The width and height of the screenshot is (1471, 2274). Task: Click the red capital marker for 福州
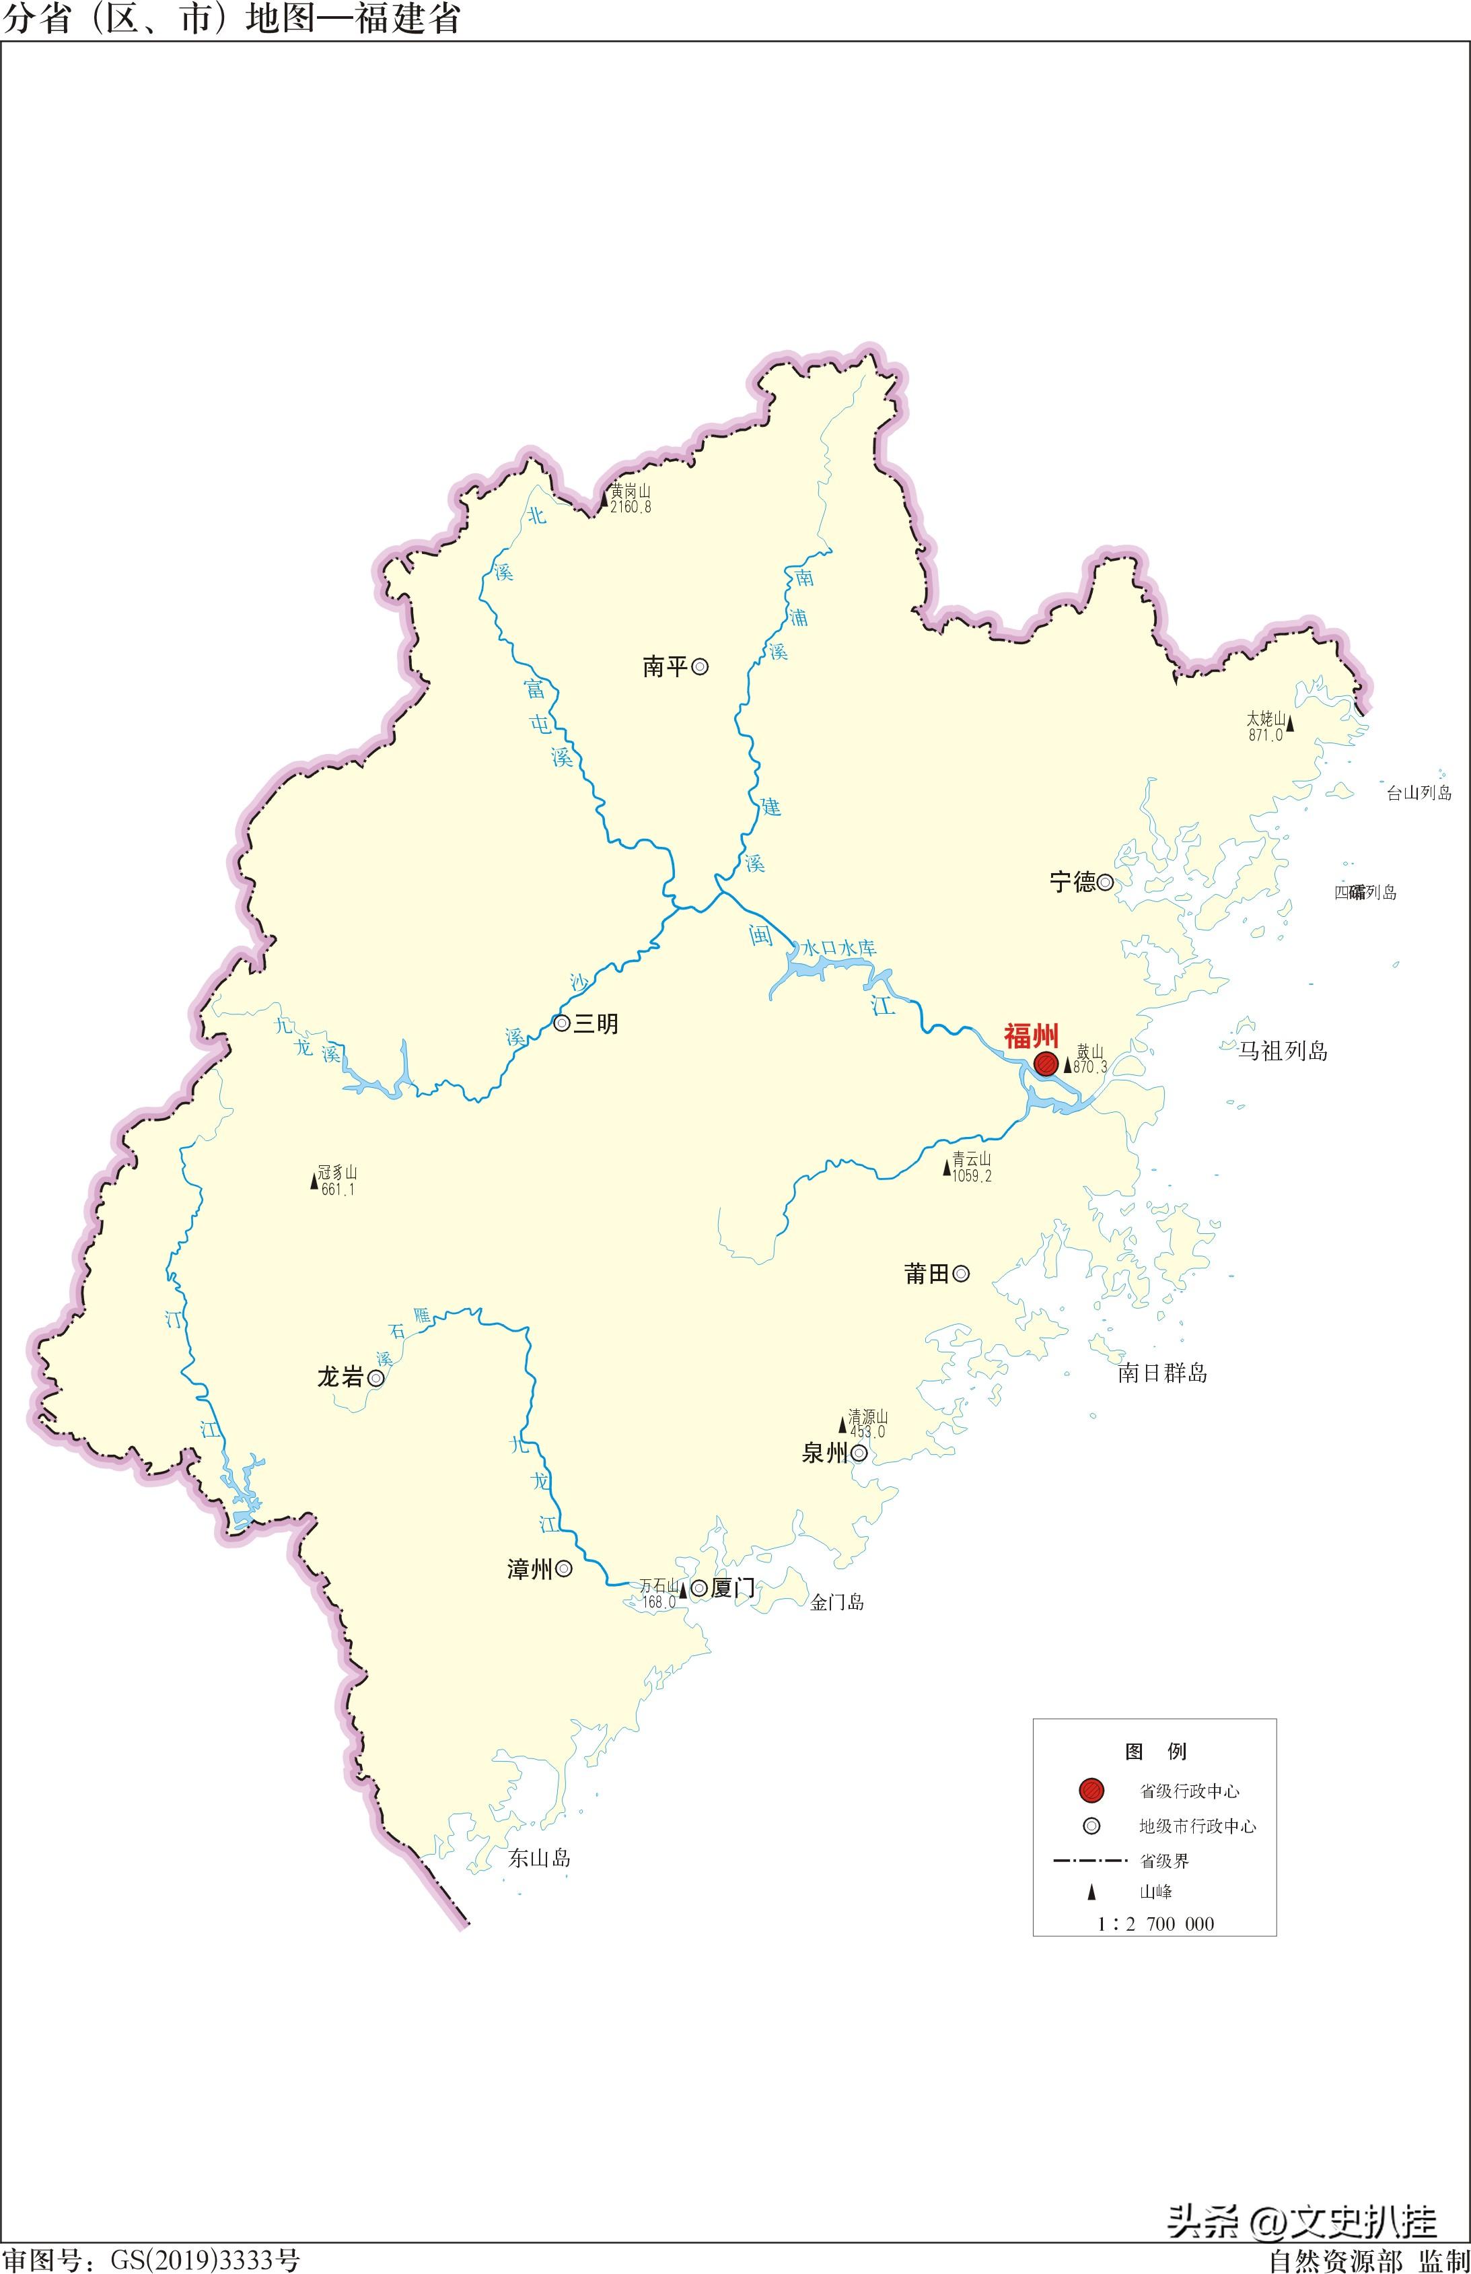click(x=1046, y=1064)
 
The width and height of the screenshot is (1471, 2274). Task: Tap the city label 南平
click(x=665, y=667)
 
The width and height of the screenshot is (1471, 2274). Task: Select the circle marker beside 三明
click(x=562, y=1023)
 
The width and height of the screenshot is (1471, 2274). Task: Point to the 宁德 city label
click(x=1072, y=882)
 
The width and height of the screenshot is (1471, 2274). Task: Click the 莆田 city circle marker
click(x=961, y=1273)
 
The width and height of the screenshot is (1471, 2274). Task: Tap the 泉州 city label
click(x=824, y=1453)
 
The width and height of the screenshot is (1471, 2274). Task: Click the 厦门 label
click(x=733, y=1588)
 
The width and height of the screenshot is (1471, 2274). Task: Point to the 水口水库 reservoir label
click(x=838, y=948)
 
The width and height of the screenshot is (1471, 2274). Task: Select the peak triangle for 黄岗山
click(x=604, y=499)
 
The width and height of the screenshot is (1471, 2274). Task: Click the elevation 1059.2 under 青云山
click(x=972, y=1176)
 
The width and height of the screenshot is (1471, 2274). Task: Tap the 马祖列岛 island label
click(x=1282, y=1051)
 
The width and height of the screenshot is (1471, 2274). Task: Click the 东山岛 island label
click(x=539, y=1857)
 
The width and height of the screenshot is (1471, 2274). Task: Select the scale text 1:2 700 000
click(x=1156, y=1923)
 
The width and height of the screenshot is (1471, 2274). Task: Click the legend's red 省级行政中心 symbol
click(x=1091, y=1789)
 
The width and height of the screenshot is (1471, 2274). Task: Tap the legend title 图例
click(x=1155, y=1750)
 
